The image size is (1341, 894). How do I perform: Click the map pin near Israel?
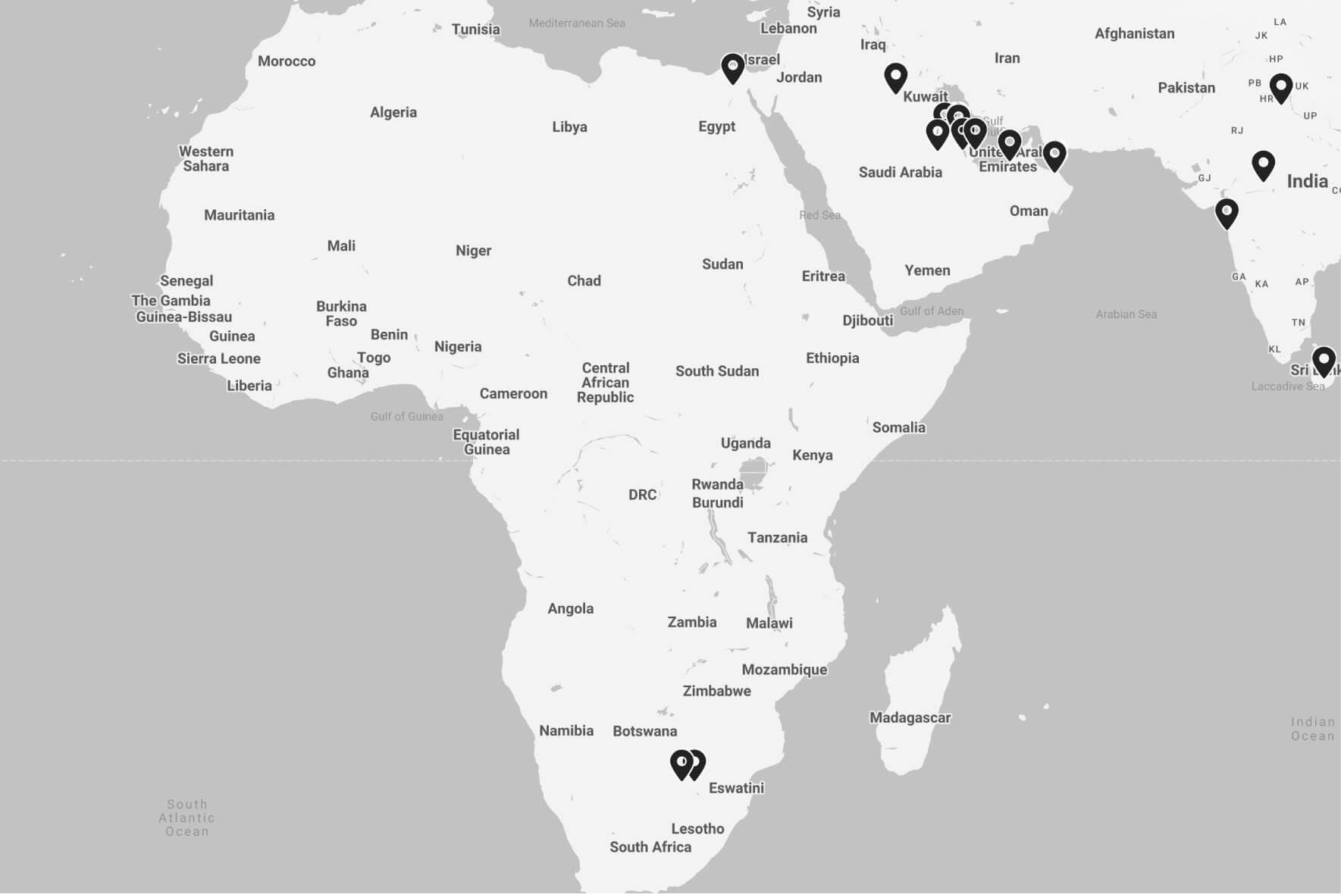[x=732, y=68]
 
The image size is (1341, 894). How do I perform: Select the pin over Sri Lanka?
[x=1324, y=361]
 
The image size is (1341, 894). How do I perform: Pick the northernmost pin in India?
[x=1280, y=88]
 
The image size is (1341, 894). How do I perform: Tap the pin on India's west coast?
[x=1227, y=214]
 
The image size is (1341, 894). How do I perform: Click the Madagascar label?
[x=910, y=717]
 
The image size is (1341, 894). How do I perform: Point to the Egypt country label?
[x=716, y=127]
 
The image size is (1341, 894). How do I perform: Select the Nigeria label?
[x=458, y=346]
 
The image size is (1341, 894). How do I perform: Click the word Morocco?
[x=287, y=61]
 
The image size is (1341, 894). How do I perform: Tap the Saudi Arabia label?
[x=900, y=172]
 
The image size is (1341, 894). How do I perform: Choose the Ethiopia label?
[x=832, y=358]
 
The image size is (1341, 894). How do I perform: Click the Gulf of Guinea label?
[x=406, y=416]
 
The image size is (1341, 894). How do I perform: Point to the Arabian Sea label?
[x=1126, y=314]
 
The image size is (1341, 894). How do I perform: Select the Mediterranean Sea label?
[x=577, y=23]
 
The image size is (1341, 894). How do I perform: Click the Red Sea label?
[x=819, y=215]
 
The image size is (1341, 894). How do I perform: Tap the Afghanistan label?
[x=1134, y=33]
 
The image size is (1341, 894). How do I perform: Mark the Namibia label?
[x=566, y=730]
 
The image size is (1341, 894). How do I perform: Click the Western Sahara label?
[x=206, y=158]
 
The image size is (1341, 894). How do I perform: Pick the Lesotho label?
[x=697, y=829]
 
